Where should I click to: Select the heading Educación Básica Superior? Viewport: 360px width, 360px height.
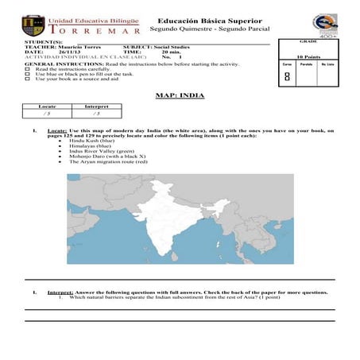click(204, 20)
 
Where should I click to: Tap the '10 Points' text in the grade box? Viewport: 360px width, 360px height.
click(308, 57)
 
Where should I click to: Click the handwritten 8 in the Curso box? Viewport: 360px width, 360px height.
click(286, 77)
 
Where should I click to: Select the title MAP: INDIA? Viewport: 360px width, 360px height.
click(180, 95)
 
